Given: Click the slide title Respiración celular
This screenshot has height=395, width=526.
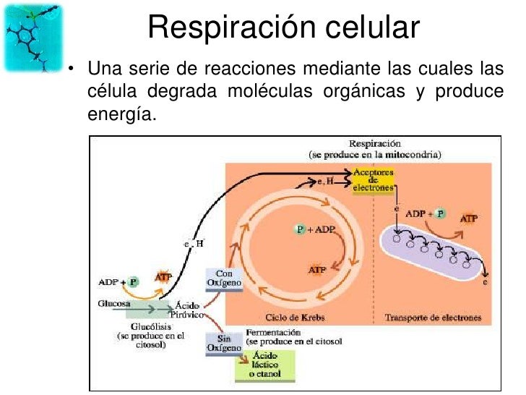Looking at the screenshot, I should [283, 27].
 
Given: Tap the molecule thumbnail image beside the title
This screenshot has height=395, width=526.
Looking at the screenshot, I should [33, 36].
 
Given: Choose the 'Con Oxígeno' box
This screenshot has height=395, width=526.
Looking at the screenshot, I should [223, 278].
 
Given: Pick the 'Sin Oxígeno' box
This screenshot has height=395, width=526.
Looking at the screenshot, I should [223, 343].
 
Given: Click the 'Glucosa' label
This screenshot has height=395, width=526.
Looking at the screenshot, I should [113, 305].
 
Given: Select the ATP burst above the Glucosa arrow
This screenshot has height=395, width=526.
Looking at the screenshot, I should [163, 277].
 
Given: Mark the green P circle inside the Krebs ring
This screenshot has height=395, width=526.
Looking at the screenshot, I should [300, 229].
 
